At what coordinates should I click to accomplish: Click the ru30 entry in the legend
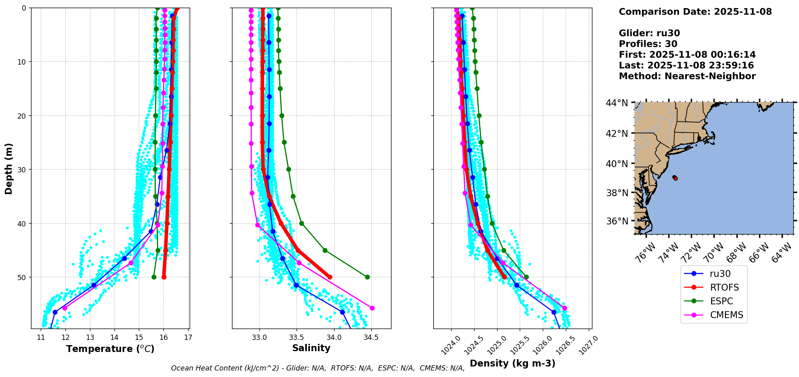click(x=720, y=274)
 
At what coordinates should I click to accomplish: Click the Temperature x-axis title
click(x=110, y=349)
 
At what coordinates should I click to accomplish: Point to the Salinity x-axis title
click(x=311, y=348)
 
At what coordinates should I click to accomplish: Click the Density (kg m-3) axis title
click(x=512, y=363)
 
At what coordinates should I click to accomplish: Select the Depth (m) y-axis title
click(x=9, y=169)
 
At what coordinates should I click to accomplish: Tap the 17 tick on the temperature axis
click(x=188, y=337)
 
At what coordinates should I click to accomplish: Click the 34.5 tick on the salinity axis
click(x=371, y=337)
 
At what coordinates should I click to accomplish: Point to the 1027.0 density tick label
click(x=588, y=346)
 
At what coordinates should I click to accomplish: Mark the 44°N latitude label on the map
click(x=617, y=103)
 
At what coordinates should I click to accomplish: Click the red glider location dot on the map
click(x=676, y=178)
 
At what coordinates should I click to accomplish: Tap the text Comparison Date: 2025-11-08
click(x=695, y=12)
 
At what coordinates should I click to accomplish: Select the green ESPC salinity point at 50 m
click(x=367, y=277)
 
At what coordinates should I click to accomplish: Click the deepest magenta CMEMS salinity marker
click(x=372, y=308)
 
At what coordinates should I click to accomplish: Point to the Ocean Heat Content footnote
click(x=318, y=368)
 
